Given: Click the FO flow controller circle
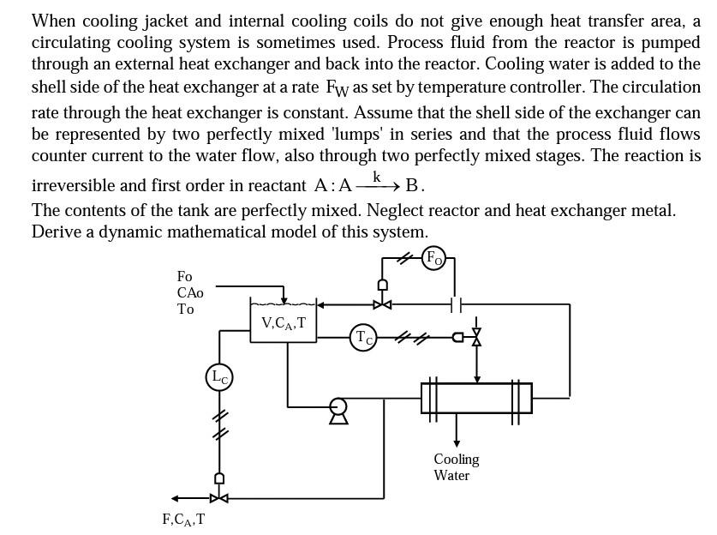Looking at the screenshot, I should click(x=434, y=257).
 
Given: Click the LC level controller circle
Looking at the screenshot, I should click(x=219, y=376).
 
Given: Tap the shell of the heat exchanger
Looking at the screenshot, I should click(x=476, y=398).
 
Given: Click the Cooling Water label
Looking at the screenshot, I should click(x=456, y=467).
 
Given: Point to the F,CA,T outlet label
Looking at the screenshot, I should click(x=183, y=519).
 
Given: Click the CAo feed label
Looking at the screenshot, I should click(x=190, y=292).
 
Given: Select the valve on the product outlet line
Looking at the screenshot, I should click(x=219, y=497).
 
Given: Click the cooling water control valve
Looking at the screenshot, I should click(x=477, y=337).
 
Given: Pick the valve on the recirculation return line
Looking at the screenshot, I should click(x=382, y=304).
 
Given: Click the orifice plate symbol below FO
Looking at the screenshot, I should click(x=456, y=304).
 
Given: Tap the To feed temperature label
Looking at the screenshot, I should click(x=186, y=309).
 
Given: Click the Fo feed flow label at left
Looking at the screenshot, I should click(x=185, y=276).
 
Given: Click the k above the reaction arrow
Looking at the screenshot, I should click(x=376, y=176).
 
